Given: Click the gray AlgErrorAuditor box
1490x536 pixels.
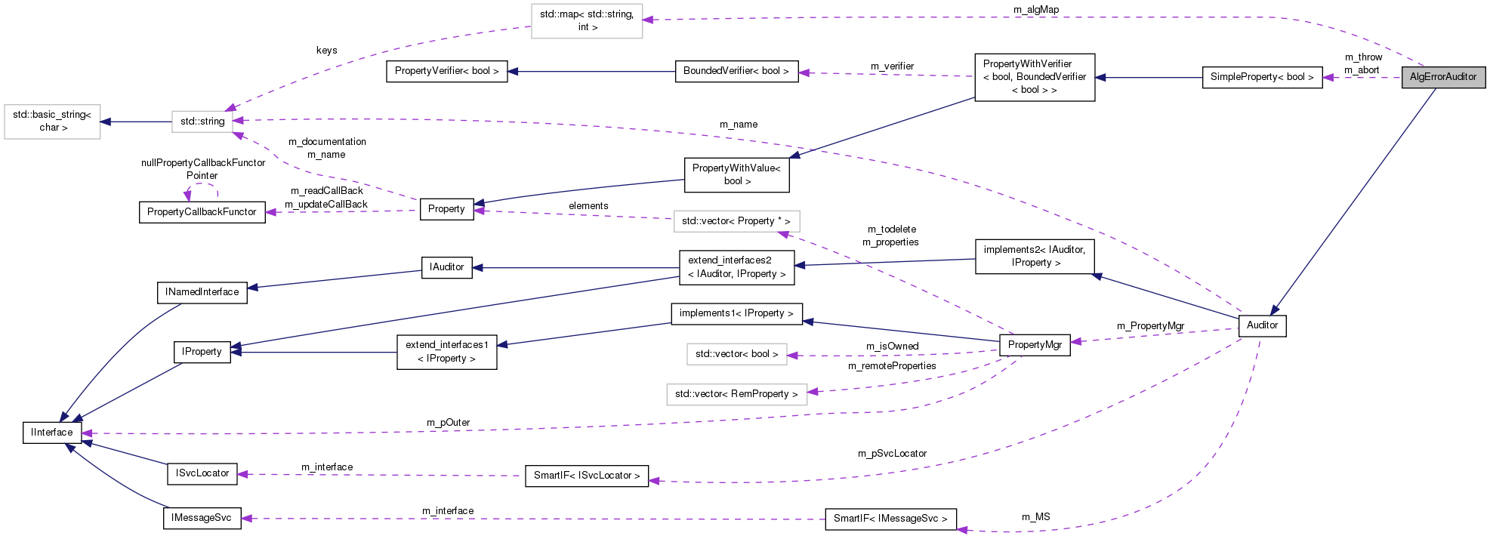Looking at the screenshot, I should click(x=1442, y=77).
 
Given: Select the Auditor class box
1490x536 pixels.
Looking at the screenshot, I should click(x=1262, y=325).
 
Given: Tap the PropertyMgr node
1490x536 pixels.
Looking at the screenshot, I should click(x=1035, y=345).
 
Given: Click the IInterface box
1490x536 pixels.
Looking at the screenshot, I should click(x=52, y=433).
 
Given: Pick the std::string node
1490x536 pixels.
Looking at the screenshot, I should click(x=202, y=122).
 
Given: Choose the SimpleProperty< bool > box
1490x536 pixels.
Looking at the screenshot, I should click(x=1261, y=77).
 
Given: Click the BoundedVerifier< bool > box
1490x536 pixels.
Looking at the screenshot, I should click(x=736, y=71).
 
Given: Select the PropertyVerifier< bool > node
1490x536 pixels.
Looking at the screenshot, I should click(x=446, y=71).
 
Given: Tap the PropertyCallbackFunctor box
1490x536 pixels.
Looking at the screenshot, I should click(x=202, y=212).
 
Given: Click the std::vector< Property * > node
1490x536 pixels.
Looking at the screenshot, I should click(x=736, y=221).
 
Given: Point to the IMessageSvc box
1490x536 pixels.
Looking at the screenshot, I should click(x=202, y=518).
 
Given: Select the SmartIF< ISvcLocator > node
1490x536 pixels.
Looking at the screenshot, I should click(x=586, y=476).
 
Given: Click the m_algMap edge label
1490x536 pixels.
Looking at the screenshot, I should click(x=1036, y=10).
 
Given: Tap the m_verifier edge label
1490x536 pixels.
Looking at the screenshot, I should click(x=892, y=66).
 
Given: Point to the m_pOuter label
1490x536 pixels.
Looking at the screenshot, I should click(x=448, y=423).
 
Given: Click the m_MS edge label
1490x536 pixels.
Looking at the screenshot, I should click(x=1035, y=517).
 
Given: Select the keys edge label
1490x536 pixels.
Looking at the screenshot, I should click(x=326, y=51).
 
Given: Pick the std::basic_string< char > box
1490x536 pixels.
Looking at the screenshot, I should click(x=52, y=121).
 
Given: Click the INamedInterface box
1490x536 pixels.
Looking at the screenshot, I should click(x=202, y=292).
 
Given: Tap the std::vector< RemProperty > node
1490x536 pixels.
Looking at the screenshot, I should click(x=736, y=394).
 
